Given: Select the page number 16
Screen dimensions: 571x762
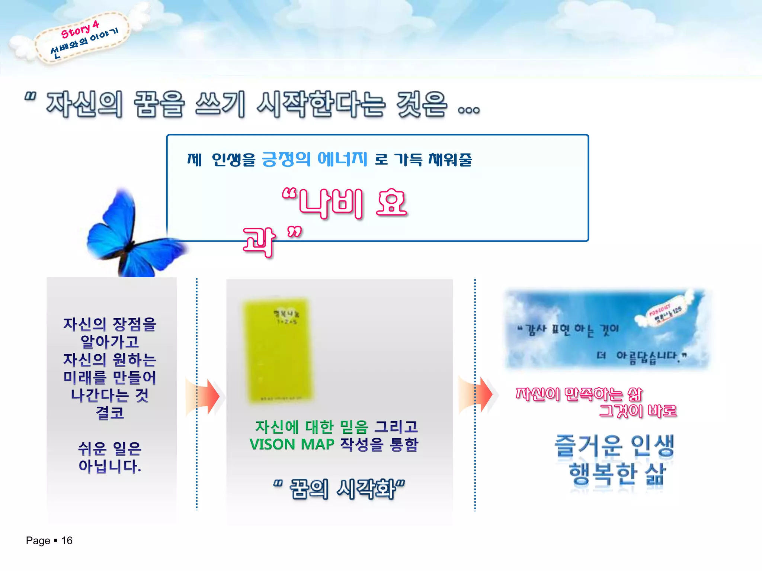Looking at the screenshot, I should pyautogui.click(x=67, y=541).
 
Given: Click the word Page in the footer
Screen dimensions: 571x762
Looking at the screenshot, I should pyautogui.click(x=38, y=541).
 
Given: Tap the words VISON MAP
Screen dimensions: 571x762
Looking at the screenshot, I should pyautogui.click(x=292, y=444).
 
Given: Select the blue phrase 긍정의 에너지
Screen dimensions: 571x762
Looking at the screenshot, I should pyautogui.click(x=314, y=159).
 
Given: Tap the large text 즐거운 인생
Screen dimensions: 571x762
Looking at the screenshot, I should pyautogui.click(x=614, y=445).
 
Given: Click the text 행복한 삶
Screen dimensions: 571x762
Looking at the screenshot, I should pyautogui.click(x=617, y=474).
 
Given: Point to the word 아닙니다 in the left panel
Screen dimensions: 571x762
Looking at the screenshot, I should pyautogui.click(x=110, y=466).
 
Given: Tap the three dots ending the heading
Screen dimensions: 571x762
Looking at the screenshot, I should pyautogui.click(x=469, y=110).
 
